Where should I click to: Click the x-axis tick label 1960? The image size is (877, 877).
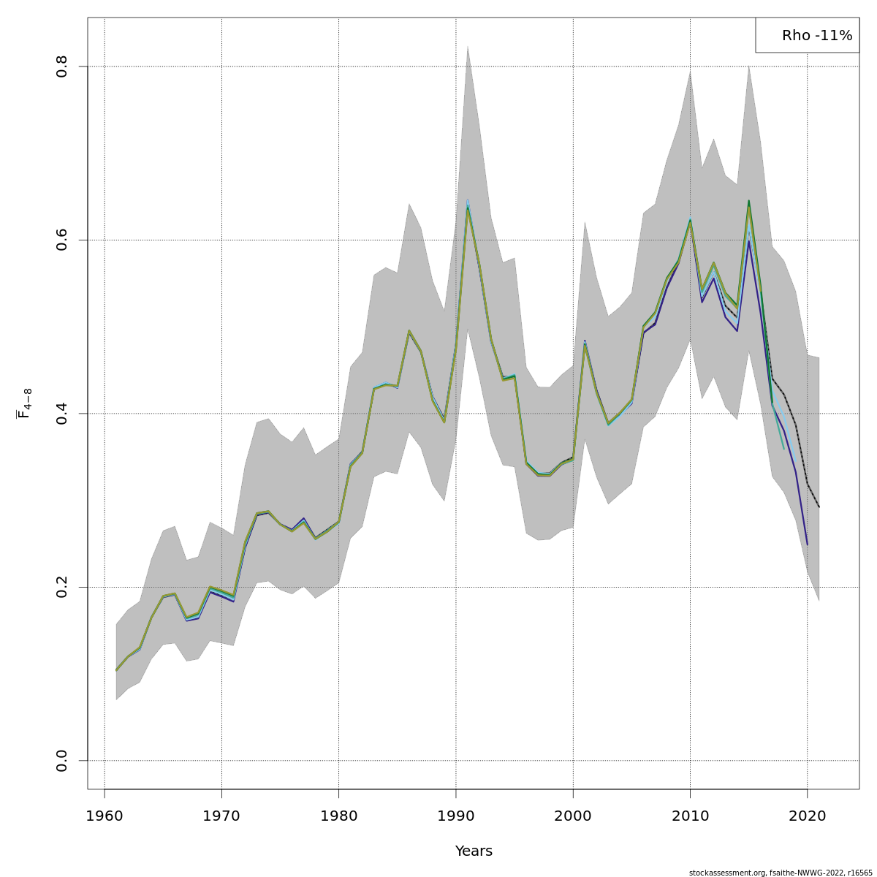point(105,816)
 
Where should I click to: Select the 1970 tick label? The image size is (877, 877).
point(221,816)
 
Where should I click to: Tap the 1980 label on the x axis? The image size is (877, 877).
point(338,816)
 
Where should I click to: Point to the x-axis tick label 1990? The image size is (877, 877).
point(456,816)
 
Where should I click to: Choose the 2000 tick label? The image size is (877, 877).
point(573,816)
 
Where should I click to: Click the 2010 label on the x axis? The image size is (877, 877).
point(690,816)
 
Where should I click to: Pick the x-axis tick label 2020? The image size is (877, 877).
point(807,816)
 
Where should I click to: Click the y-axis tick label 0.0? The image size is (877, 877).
point(62,760)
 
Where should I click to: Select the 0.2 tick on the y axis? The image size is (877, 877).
point(62,587)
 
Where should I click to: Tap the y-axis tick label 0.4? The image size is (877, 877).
point(62,414)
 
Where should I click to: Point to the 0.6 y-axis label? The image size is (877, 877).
point(62,240)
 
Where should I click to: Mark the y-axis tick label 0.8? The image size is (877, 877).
point(62,67)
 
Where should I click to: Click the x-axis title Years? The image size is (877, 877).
point(474,851)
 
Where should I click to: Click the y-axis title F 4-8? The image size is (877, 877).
point(25,403)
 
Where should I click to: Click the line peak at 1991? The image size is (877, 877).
point(468,207)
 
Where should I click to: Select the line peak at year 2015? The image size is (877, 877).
point(748,201)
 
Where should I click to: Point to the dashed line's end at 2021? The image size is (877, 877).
point(819,506)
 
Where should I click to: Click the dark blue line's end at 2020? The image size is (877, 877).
point(807,544)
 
